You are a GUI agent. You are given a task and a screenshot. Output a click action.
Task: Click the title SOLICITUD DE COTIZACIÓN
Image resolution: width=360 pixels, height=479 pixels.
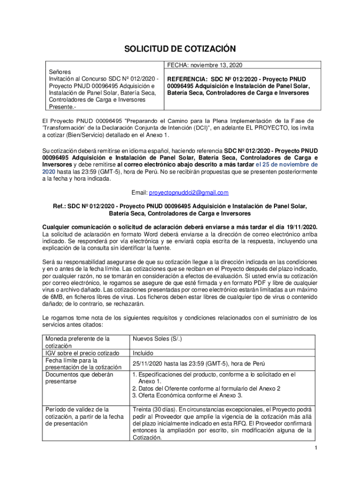point(180,49)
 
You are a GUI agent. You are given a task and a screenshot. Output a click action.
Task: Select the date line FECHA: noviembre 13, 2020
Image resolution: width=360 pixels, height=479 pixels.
point(202,65)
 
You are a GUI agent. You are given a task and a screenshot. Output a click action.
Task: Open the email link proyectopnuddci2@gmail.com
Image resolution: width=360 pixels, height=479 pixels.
point(188,193)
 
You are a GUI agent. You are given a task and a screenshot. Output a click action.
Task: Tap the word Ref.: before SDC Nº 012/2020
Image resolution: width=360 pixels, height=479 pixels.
point(59,206)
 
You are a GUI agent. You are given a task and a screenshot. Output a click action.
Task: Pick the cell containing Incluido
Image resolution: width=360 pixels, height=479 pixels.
point(144,353)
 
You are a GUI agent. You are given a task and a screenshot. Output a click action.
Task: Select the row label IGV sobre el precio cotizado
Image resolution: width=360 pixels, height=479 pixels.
point(82,353)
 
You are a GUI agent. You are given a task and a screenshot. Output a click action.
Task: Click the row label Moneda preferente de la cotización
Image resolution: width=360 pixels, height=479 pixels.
point(77,342)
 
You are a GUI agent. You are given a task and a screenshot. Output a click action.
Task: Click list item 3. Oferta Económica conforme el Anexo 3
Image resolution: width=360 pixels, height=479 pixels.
point(187,395)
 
